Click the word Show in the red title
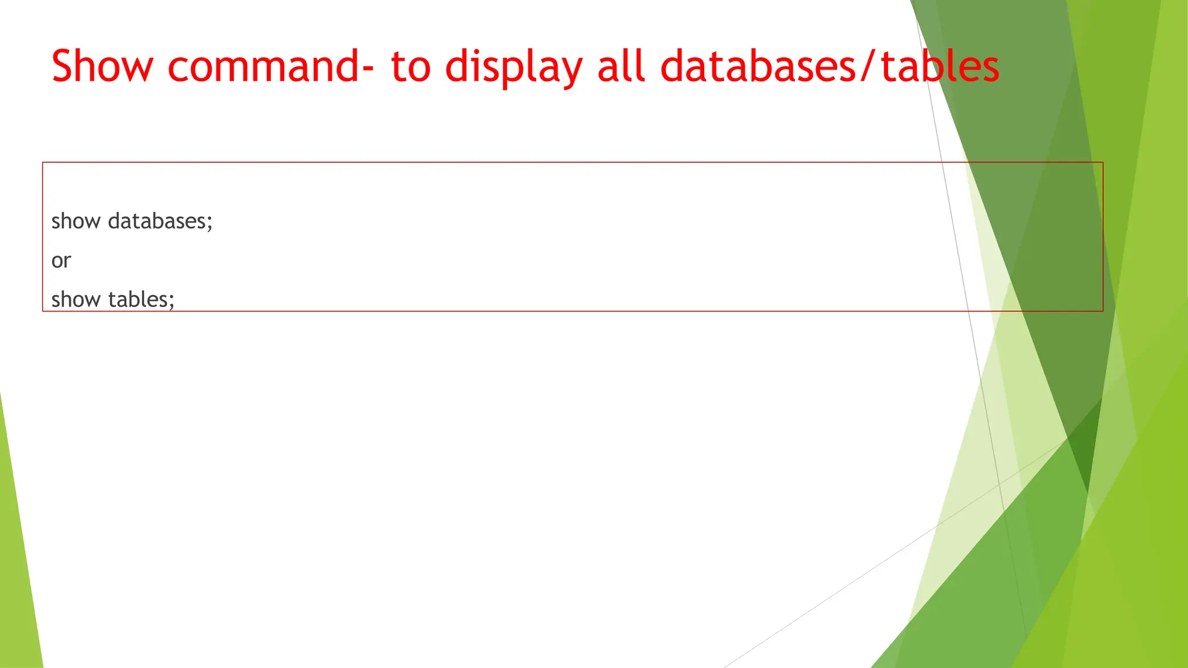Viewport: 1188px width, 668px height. click(102, 66)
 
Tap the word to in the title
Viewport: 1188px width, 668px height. click(411, 66)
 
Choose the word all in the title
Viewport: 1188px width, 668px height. click(621, 66)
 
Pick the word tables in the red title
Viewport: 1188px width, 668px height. click(940, 66)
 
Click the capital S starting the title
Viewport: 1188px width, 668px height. click(63, 66)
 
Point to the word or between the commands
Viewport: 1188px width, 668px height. click(61, 261)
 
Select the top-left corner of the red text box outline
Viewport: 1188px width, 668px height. click(43, 163)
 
